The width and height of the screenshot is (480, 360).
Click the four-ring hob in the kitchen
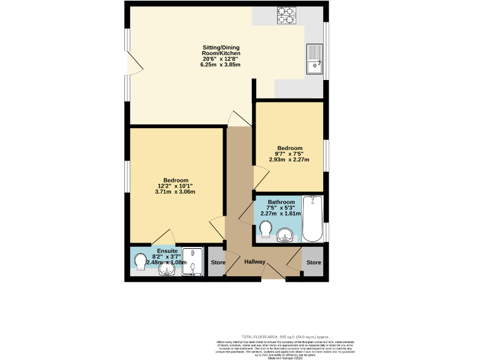point(286,14)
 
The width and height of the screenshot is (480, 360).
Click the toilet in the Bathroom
point(266,229)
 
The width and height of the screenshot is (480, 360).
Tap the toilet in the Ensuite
point(139,259)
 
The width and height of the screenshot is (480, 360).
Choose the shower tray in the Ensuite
point(189,261)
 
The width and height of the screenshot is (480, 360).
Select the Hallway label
point(255,262)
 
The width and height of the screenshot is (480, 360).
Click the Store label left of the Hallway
point(217,262)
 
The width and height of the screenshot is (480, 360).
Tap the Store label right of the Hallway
point(314,262)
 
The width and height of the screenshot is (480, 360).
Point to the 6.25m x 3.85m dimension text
point(220,64)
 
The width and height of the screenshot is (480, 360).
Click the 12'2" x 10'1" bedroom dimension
point(175,186)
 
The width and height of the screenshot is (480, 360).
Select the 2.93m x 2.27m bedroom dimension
point(289,159)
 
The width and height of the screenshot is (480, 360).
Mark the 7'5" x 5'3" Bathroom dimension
point(281,207)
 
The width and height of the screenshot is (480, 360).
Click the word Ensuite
point(167,250)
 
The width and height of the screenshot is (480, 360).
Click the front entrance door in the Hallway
point(271,272)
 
